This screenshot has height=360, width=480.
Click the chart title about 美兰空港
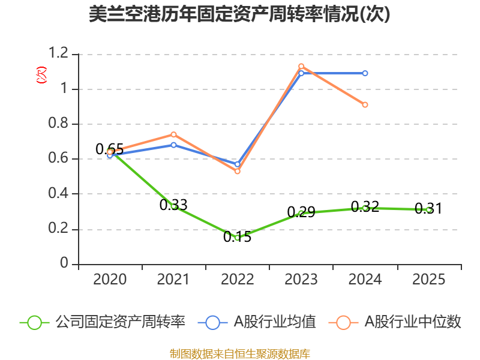point(239,14)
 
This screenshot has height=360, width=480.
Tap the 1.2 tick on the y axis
point(61,54)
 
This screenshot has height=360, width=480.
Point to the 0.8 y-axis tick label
point(61,124)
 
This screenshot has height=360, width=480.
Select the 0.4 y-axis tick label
point(61,194)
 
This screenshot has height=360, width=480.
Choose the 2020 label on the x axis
point(110,280)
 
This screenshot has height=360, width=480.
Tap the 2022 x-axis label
point(238,280)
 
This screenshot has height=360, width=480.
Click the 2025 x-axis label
point(429,280)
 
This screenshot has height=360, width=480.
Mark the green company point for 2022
point(238,238)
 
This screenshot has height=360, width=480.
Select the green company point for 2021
point(173,206)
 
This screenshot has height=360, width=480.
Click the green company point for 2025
point(429,210)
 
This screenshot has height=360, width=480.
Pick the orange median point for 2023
point(301,66)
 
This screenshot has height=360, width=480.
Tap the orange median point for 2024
point(365,104)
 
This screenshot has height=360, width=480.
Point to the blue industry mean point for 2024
point(365,73)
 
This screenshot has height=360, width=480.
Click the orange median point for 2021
point(173,134)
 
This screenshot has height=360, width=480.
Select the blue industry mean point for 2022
point(238,164)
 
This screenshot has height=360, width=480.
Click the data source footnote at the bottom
point(239,353)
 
